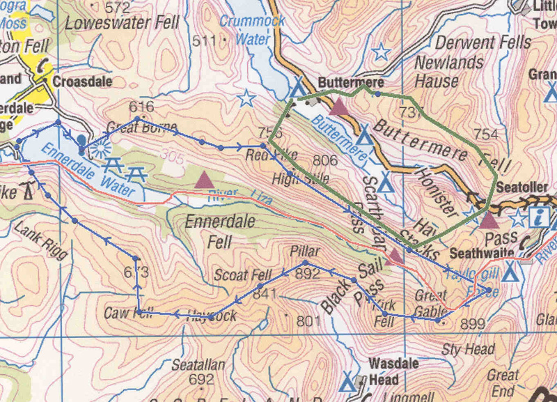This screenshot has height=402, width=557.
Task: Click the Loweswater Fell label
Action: tap(122, 23)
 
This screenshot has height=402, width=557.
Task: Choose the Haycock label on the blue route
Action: tap(211, 316)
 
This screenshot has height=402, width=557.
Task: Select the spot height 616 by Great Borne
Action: tap(141, 107)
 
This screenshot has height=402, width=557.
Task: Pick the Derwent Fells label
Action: tap(483, 42)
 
